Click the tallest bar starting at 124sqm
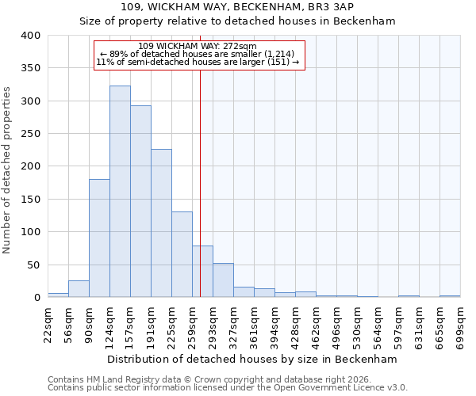pyautogui.click(x=120, y=192)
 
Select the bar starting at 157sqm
pyautogui.click(x=140, y=202)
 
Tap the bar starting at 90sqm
pyautogui.click(x=99, y=238)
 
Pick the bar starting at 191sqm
pyautogui.click(x=161, y=223)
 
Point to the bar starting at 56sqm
pyautogui.click(x=79, y=289)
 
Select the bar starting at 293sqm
pyautogui.click(x=223, y=280)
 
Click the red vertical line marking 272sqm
pyautogui.click(x=200, y=182)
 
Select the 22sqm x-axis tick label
pyautogui.click(x=48, y=325)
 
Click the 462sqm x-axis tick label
pyautogui.click(x=316, y=325)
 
